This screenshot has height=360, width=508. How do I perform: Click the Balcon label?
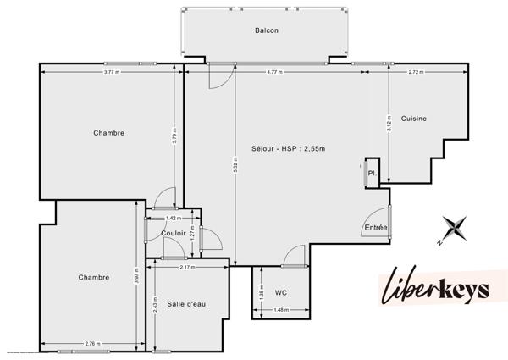click(x=267, y=30)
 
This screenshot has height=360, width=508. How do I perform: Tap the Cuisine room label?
click(x=414, y=118)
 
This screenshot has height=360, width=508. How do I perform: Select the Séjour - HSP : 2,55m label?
click(x=288, y=149)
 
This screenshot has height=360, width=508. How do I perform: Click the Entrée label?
click(x=375, y=227)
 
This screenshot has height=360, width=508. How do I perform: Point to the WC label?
click(x=281, y=292)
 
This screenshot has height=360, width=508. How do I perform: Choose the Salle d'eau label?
click(x=185, y=303)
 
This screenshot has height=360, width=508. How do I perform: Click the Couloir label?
click(x=172, y=233)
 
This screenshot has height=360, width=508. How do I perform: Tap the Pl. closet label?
click(x=372, y=174)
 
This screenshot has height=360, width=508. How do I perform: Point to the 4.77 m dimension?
click(x=273, y=73)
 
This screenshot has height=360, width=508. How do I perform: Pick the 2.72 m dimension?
click(x=416, y=73)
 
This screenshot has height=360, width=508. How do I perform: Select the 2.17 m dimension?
click(x=187, y=267)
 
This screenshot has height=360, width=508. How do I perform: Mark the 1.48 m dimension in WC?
click(x=281, y=310)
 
